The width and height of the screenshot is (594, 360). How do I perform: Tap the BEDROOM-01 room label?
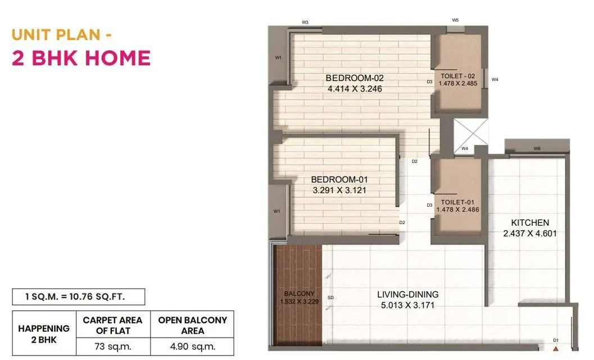click(339, 180)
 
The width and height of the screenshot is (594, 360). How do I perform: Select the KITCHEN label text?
click(530, 222)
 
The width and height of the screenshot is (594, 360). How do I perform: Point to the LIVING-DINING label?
click(407, 294)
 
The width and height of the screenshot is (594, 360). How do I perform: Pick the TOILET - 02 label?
click(458, 76)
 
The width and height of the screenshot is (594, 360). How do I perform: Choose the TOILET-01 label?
click(458, 202)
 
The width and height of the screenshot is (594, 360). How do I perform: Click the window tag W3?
click(305, 22)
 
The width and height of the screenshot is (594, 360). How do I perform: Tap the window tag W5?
click(455, 20)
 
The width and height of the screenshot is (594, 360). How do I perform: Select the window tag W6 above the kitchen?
click(537, 149)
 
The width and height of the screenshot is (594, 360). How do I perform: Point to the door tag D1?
click(555, 340)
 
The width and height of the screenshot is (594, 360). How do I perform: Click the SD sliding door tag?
click(330, 298)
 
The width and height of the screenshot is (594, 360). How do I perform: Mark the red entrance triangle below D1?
click(555, 349)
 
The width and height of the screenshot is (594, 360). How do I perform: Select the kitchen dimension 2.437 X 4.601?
click(530, 233)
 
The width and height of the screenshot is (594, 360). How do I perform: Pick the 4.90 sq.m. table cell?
click(192, 346)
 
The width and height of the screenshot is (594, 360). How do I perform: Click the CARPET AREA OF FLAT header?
click(112, 325)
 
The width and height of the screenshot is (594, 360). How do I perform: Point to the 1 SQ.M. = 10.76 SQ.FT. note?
click(79, 297)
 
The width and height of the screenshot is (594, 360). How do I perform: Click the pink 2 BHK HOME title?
click(81, 58)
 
